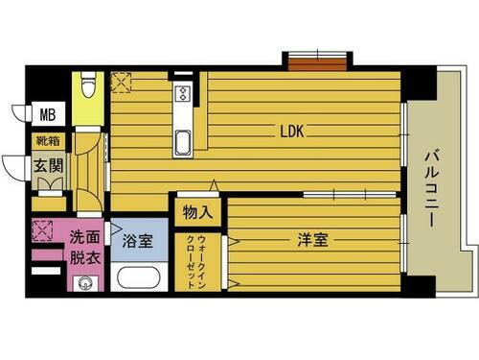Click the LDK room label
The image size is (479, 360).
(x=292, y=132)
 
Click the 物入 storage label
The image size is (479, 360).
(x=197, y=210)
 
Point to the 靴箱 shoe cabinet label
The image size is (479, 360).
(x=46, y=143)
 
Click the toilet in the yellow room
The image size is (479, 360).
(x=88, y=87)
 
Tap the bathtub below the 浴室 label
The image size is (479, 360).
(x=138, y=277)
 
